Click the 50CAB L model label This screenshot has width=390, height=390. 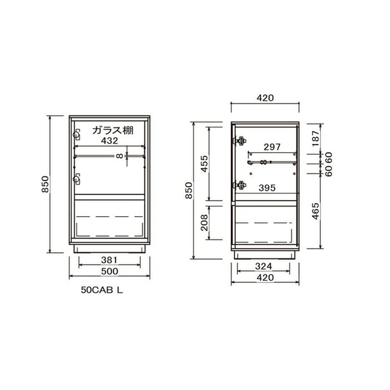[102, 290]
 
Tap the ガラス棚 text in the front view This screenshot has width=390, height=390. [113, 130]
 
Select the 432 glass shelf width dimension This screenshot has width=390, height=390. [109, 141]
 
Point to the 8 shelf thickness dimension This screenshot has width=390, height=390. [120, 156]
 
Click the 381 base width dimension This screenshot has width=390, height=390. [109, 260]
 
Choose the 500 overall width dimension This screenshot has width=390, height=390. [109, 271]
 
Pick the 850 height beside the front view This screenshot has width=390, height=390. [45, 184]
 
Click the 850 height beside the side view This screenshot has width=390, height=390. [189, 191]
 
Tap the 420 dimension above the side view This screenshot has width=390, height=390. [265, 98]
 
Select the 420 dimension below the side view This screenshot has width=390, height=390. [265, 277]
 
